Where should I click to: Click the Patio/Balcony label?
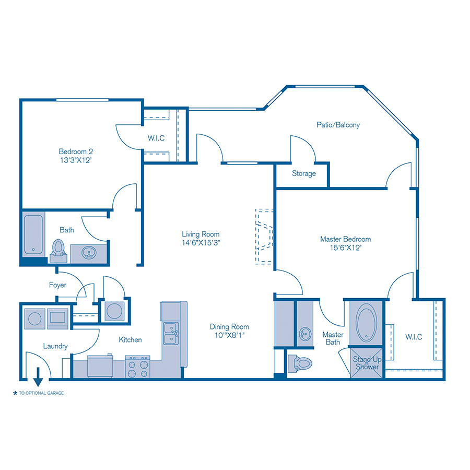point(338,125)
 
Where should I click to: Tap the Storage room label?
point(304,173)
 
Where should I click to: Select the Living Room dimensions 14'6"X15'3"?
point(201,242)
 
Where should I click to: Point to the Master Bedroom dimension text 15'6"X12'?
point(346,248)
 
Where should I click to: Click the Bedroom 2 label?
point(76,151)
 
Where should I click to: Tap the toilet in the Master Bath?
point(300,363)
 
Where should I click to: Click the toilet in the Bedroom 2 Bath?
point(58,251)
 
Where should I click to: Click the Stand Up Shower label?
point(367,363)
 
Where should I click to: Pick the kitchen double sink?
point(171,333)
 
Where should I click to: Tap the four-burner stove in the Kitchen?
point(137,367)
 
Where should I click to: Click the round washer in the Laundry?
point(34,319)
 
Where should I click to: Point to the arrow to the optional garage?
point(38,377)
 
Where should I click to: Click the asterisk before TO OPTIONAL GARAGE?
point(15,393)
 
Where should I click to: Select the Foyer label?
point(57,285)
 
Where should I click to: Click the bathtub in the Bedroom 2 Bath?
point(33,234)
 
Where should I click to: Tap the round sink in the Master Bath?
point(305,334)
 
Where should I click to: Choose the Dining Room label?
point(229,327)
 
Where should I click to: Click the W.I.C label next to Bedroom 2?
point(156,138)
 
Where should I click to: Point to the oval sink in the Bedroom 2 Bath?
point(89,252)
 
